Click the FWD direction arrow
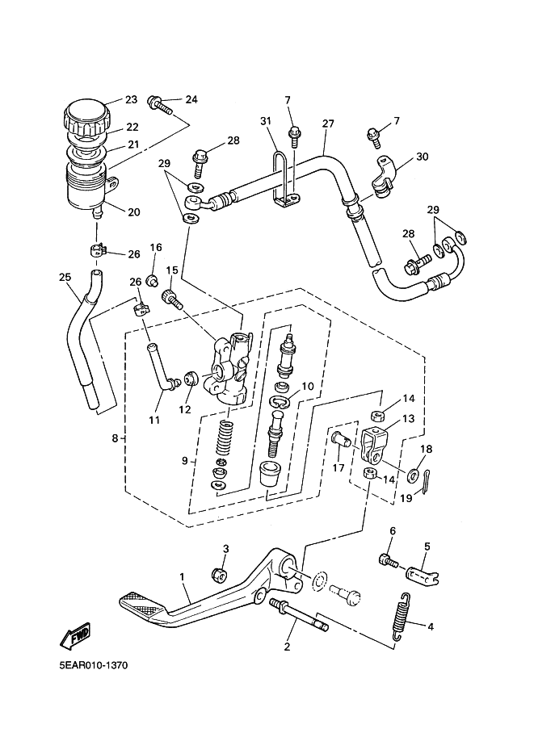point(76,636)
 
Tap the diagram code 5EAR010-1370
point(93,665)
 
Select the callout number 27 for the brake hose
point(328,124)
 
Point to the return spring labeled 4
point(401,616)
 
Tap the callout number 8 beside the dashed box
point(115,438)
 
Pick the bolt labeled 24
point(160,107)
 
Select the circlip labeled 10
point(280,401)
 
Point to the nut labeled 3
point(219,573)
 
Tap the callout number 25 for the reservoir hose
point(65,278)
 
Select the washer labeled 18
point(414,475)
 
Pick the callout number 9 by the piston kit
point(185,461)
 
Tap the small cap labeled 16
point(153,281)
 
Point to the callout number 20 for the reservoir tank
point(134,212)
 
